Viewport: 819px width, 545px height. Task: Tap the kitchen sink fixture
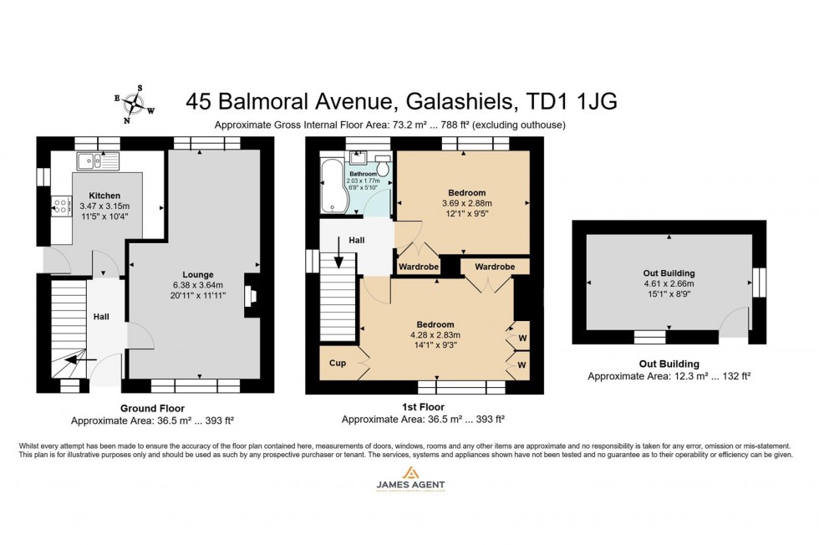98,160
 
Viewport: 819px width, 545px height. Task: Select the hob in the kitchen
60,206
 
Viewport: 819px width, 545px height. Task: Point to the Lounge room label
198,274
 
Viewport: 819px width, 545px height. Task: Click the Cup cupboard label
337,364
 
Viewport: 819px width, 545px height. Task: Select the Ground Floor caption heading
153,409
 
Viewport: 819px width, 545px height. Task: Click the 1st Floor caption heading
422,409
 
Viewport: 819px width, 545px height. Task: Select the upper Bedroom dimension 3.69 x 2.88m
466,203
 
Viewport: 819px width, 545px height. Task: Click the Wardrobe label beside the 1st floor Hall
418,267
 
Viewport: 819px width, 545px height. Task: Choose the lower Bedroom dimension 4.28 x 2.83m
435,335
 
